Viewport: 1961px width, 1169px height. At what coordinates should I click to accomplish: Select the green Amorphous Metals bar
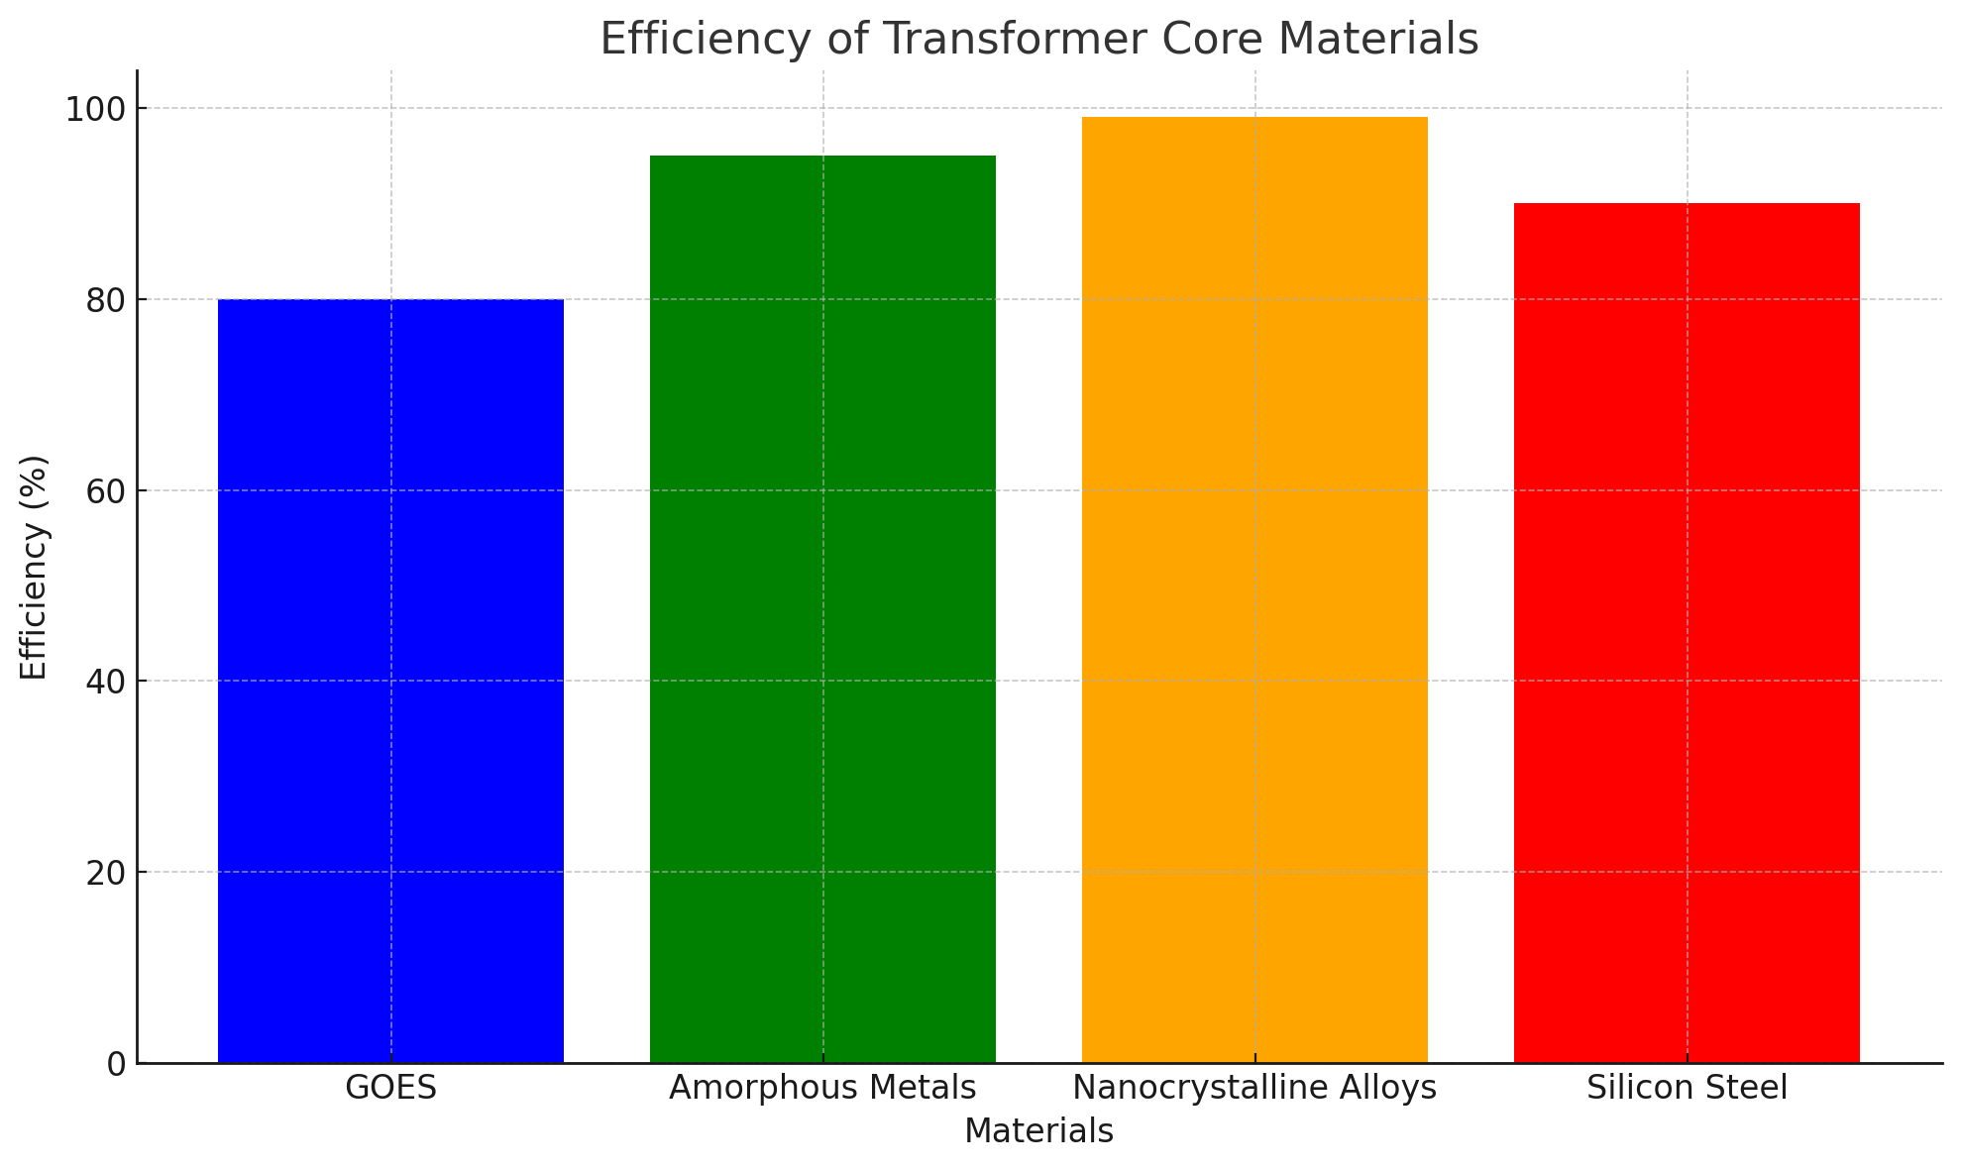tap(822, 609)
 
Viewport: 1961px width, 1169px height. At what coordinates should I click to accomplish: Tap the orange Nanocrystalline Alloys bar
tap(1254, 589)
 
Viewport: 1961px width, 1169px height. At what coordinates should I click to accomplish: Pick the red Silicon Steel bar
tap(1687, 633)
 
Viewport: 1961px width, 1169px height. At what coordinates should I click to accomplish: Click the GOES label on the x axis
tap(390, 1089)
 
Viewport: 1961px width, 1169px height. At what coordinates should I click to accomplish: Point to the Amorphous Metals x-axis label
tap(822, 1089)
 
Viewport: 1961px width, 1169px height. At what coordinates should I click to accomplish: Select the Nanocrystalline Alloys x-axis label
tap(1254, 1089)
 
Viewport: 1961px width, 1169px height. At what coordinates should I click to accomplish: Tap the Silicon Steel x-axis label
tap(1687, 1089)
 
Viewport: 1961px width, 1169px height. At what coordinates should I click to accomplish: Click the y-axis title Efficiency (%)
tap(35, 568)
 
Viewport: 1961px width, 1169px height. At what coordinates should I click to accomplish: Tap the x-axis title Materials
tap(1038, 1131)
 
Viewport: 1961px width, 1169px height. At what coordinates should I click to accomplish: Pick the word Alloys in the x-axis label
tap(1384, 1089)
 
